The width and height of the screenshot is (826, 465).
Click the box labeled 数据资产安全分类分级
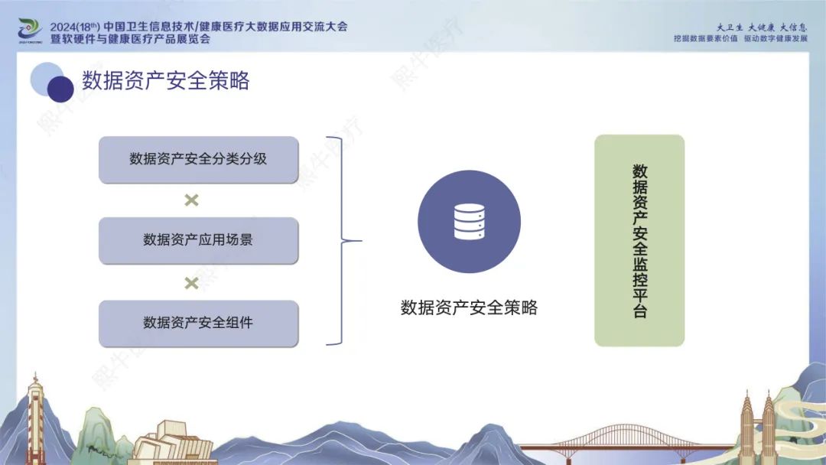pyautogui.click(x=199, y=160)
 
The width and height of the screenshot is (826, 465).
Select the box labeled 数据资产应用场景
pyautogui.click(x=199, y=241)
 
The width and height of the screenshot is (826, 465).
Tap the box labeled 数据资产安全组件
pyautogui.click(x=199, y=324)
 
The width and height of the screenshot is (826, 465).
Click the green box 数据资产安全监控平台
pyautogui.click(x=639, y=241)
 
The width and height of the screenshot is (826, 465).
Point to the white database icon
pyautogui.click(x=470, y=222)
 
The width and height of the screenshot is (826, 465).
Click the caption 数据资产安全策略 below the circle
pyautogui.click(x=469, y=307)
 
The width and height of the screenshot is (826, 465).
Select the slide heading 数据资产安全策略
pyautogui.click(x=165, y=80)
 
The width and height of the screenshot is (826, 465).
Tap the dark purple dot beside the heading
pyautogui.click(x=60, y=89)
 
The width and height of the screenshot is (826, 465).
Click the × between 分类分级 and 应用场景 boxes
pyautogui.click(x=192, y=200)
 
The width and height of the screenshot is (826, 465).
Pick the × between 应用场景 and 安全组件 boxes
pyautogui.click(x=192, y=283)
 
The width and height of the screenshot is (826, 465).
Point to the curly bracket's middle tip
pyautogui.click(x=361, y=241)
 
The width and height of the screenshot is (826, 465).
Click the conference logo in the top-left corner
pyautogui.click(x=30, y=31)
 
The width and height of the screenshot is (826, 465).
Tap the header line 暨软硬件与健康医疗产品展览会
pyautogui.click(x=130, y=39)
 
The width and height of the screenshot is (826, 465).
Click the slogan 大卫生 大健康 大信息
pyautogui.click(x=761, y=28)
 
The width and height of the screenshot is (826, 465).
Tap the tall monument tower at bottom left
pyautogui.click(x=35, y=418)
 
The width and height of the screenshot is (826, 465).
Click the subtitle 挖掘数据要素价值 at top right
pyautogui.click(x=705, y=39)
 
